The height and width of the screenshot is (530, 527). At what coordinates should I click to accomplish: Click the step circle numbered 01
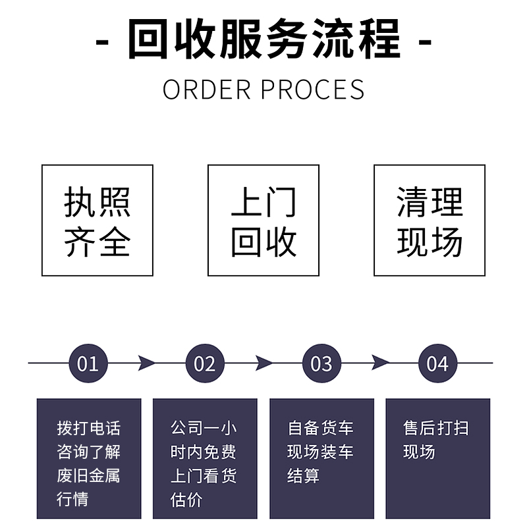[x=88, y=363]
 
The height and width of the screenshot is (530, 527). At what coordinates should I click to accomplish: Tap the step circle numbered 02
[x=205, y=363]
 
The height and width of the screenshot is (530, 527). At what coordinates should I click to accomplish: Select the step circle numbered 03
[x=321, y=363]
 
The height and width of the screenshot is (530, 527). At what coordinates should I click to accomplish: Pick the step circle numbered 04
[x=437, y=363]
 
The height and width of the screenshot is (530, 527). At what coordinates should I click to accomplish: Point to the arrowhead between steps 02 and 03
[x=263, y=363]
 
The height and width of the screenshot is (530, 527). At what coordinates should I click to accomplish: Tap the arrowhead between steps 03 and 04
[x=380, y=363]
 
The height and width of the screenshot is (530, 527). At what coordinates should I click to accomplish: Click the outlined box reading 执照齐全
[x=97, y=221]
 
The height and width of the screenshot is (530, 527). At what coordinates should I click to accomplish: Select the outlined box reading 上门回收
[x=263, y=221]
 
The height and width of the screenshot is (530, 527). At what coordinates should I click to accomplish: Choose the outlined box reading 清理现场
[x=430, y=221]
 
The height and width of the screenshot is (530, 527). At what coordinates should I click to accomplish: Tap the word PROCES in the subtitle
[x=313, y=90]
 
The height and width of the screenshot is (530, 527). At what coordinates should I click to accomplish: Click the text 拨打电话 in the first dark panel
[x=89, y=429]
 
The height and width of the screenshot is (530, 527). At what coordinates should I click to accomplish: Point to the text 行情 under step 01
[x=72, y=499]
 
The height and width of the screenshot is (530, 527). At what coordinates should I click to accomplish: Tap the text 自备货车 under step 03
[x=321, y=429]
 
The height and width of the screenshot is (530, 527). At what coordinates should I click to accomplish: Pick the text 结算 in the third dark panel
[x=304, y=475]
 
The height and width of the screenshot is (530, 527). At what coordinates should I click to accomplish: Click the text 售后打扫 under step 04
[x=436, y=429]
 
